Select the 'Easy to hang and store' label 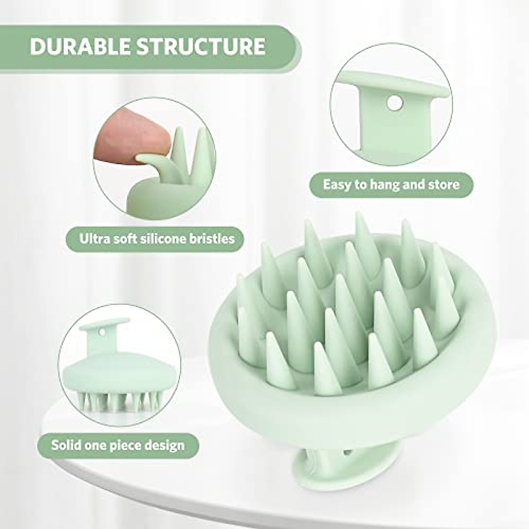[391, 184]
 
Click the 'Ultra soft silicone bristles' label [156, 239]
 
